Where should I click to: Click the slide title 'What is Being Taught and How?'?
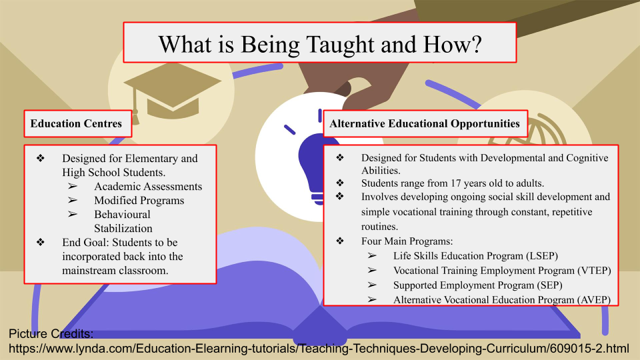(x=320, y=44)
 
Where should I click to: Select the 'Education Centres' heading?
(x=76, y=123)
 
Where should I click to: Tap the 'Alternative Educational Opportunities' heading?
(x=425, y=123)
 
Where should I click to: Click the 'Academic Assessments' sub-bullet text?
(x=148, y=186)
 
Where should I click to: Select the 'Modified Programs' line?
(x=139, y=201)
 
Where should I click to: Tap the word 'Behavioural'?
(x=122, y=214)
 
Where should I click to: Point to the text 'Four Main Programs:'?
(x=407, y=241)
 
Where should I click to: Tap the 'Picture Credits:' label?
(x=51, y=334)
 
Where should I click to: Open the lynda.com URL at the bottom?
(x=319, y=349)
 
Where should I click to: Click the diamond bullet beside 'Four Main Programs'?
(x=340, y=241)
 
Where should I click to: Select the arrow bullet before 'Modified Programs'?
(x=73, y=200)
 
